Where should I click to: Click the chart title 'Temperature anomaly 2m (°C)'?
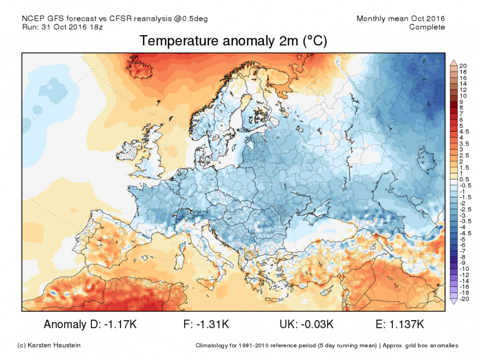point(233,41)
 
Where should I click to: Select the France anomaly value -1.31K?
point(214,324)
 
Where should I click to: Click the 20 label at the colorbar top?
point(462,66)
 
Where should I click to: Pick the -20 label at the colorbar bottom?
point(463,299)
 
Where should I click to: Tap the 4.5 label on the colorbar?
point(463,131)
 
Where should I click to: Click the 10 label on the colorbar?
point(462,95)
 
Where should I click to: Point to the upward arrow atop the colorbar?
point(453,62)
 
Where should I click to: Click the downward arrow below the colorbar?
point(453,302)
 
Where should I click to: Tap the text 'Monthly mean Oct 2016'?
point(401,19)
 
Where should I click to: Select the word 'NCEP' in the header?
point(33,19)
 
